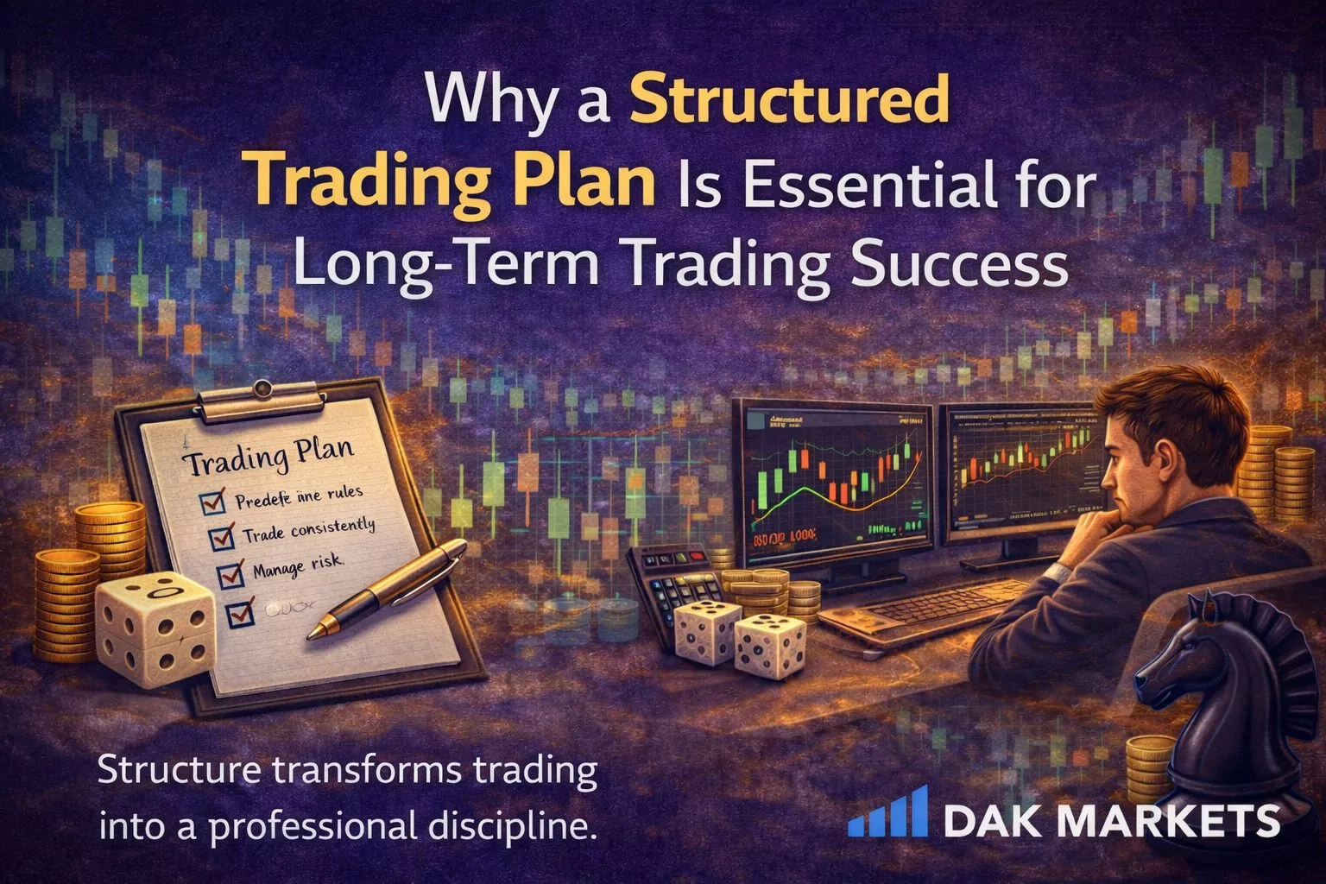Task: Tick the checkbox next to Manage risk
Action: tap(230, 572)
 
